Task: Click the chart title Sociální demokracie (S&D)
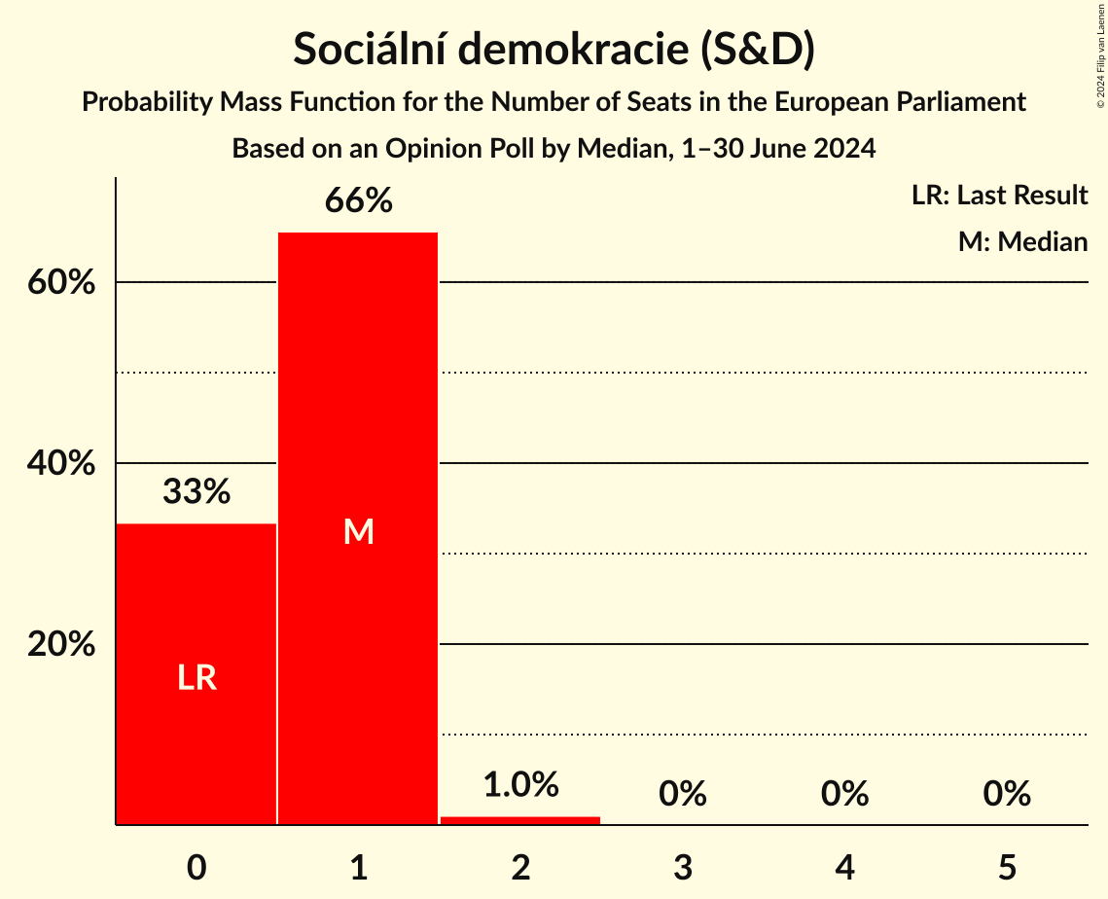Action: [x=554, y=51]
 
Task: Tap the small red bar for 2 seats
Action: [x=520, y=820]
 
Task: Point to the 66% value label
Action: [x=358, y=201]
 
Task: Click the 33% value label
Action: [x=197, y=492]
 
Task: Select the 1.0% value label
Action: [x=520, y=784]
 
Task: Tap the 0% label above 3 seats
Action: [x=682, y=794]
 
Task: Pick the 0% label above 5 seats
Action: [x=1006, y=794]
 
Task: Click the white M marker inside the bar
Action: [x=358, y=531]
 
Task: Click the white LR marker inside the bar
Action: [x=197, y=678]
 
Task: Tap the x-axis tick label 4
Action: [x=844, y=867]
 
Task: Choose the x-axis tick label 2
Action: [x=520, y=867]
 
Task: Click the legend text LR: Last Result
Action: [x=999, y=196]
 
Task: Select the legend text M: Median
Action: [x=1022, y=241]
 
